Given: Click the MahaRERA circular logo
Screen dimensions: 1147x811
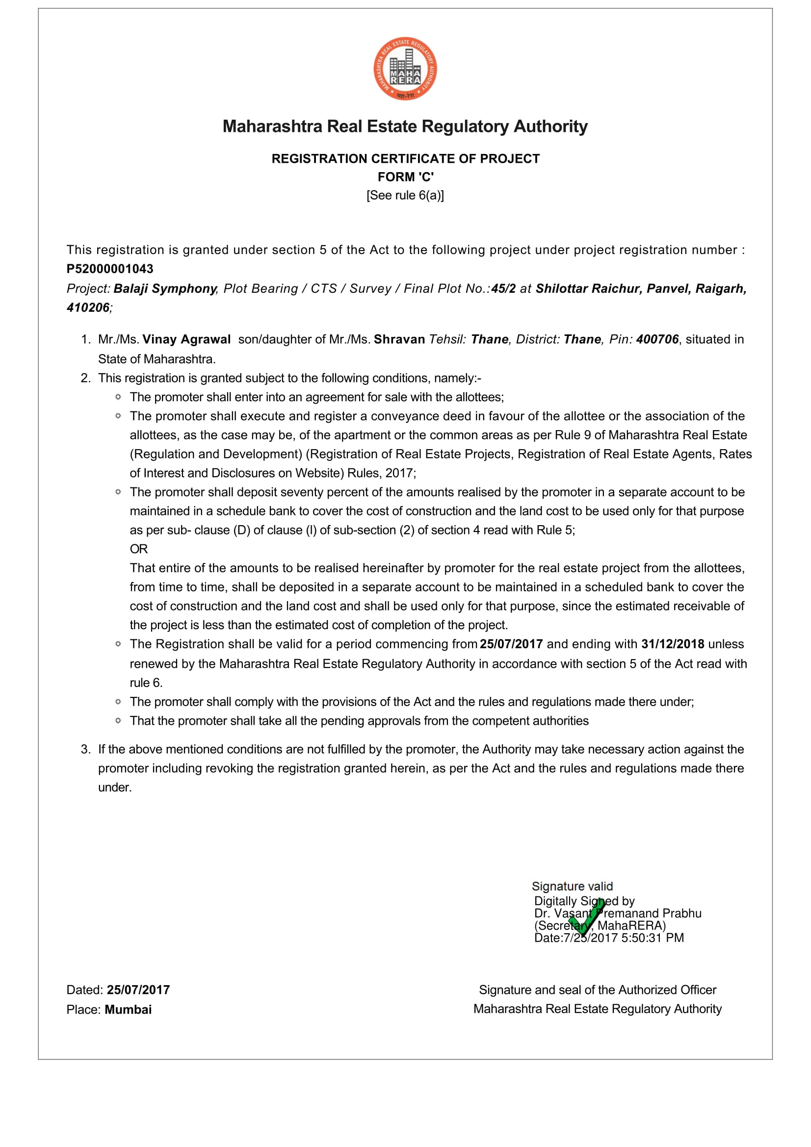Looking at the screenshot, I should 405,69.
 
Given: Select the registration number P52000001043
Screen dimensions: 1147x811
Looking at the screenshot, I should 110,269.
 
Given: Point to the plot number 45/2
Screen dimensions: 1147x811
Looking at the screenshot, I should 503,289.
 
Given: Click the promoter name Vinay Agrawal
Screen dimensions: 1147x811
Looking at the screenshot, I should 186,340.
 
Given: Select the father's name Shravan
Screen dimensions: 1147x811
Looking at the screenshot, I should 399,340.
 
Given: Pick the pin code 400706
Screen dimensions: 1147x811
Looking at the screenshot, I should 657,340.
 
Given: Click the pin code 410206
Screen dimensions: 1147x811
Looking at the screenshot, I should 88,308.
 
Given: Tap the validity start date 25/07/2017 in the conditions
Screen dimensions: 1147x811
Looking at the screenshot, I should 511,644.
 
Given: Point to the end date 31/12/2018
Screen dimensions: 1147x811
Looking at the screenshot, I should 673,644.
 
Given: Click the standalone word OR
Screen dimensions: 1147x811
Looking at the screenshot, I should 139,549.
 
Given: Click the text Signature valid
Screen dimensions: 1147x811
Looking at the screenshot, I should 572,886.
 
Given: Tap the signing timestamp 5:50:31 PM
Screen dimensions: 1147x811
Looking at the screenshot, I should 653,938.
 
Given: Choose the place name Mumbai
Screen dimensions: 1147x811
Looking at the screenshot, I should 129,1010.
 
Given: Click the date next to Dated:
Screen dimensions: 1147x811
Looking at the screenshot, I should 138,990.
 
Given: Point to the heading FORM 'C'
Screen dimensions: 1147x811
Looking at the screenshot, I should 405,177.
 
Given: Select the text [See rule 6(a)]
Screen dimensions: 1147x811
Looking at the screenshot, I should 405,195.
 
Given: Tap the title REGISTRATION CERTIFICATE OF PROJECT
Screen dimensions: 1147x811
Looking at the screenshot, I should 405,159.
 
